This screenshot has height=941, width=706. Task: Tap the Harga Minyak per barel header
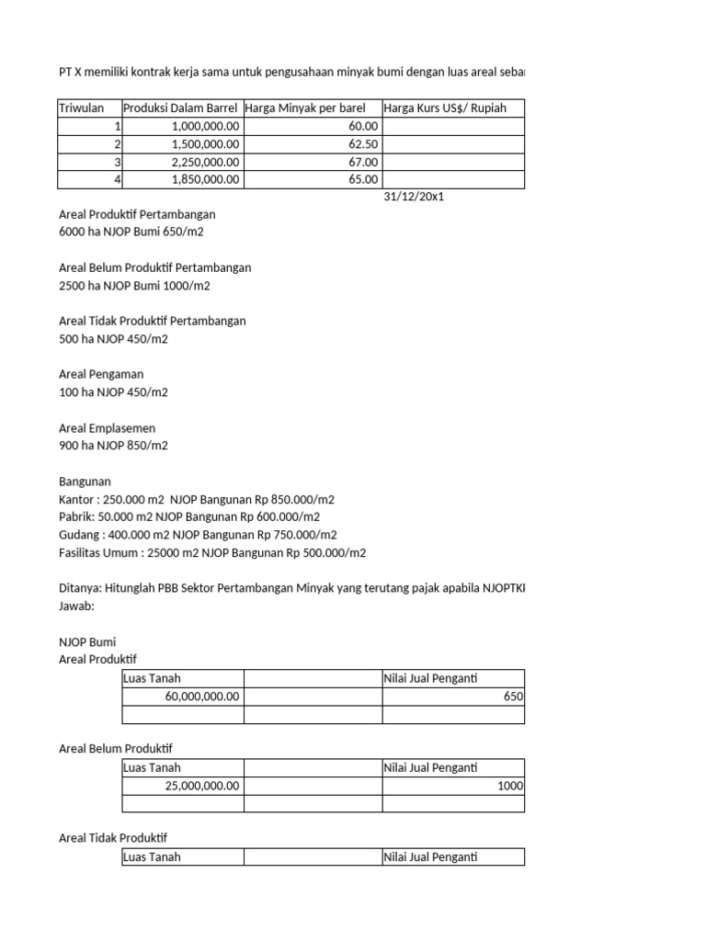pos(304,108)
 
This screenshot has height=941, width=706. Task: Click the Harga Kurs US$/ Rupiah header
pos(445,108)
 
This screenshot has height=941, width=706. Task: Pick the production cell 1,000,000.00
pos(205,126)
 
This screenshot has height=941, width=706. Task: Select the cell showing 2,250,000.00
pos(205,162)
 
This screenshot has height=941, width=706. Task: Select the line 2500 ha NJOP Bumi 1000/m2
pos(134,286)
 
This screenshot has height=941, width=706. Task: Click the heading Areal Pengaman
pos(101,374)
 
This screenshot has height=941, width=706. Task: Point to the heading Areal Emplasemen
pos(107,428)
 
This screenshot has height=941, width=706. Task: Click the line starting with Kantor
pos(196,499)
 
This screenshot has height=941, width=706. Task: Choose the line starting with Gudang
pos(198,535)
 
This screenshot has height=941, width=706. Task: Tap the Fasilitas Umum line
pos(211,552)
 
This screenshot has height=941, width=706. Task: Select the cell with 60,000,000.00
pos(202,697)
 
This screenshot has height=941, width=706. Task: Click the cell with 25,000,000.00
pos(202,786)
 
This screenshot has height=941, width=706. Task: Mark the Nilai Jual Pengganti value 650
pos(513,697)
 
